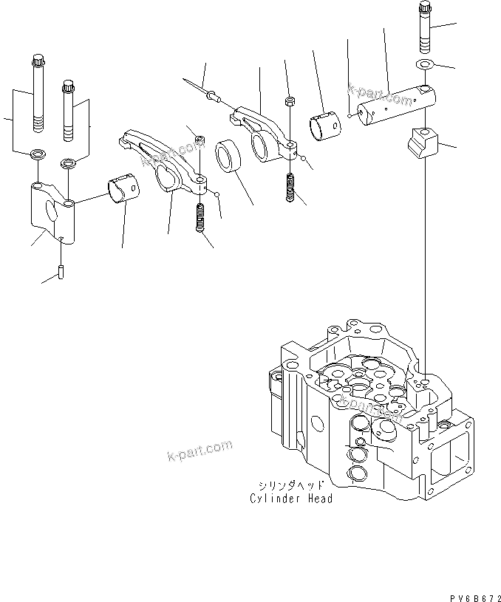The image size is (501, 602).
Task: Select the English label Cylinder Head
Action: (x=290, y=499)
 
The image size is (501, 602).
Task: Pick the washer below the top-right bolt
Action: (x=425, y=64)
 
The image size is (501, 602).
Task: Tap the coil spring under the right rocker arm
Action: (x=290, y=187)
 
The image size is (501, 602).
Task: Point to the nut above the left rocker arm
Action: (x=199, y=139)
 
